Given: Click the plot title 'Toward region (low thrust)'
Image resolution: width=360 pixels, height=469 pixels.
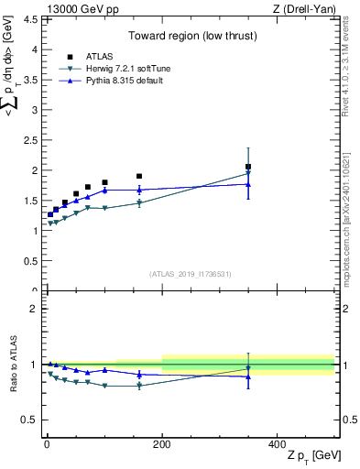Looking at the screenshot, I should click(191, 37).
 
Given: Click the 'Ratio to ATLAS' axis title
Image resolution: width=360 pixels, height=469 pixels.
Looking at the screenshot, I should click(12, 365).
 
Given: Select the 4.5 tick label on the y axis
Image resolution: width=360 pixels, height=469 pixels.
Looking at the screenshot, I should click(31, 19).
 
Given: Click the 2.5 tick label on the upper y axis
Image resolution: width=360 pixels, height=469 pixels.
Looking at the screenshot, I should click(31, 140).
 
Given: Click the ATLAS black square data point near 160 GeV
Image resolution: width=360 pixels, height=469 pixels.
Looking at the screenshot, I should click(139, 176).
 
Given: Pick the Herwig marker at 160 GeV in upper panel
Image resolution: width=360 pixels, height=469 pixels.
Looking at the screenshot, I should click(139, 203).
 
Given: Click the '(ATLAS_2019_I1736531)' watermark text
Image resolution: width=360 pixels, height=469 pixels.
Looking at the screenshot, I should click(190, 273).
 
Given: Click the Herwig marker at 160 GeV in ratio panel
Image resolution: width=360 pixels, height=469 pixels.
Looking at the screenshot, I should click(139, 386).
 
